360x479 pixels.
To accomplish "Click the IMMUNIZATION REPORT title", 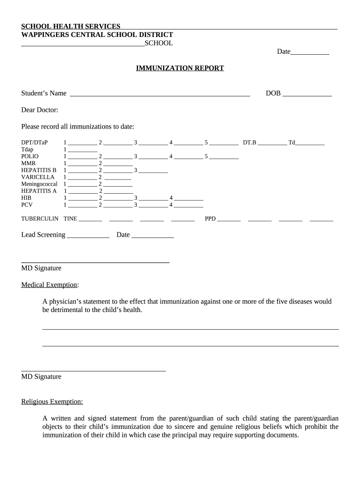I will (x=180, y=68).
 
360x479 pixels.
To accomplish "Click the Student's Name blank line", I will (x=160, y=94).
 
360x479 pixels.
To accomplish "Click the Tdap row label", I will (x=28, y=149).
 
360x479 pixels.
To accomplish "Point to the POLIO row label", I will (x=30, y=156).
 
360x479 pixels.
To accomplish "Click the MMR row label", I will (x=29, y=163).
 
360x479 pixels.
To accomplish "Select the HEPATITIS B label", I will (x=39, y=170).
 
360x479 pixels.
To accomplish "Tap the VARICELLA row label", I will (x=38, y=177).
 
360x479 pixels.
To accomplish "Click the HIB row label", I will (x=26, y=198).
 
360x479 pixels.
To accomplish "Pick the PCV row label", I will (x=27, y=204).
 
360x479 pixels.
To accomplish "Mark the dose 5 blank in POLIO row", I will (x=224, y=157).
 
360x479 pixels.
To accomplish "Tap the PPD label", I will (x=210, y=218).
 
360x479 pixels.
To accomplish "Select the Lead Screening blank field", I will (x=88, y=236).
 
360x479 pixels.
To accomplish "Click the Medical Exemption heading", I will (x=49, y=285).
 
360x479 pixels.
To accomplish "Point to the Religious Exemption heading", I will (x=52, y=401).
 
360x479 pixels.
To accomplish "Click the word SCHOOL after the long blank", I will (x=159, y=44).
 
